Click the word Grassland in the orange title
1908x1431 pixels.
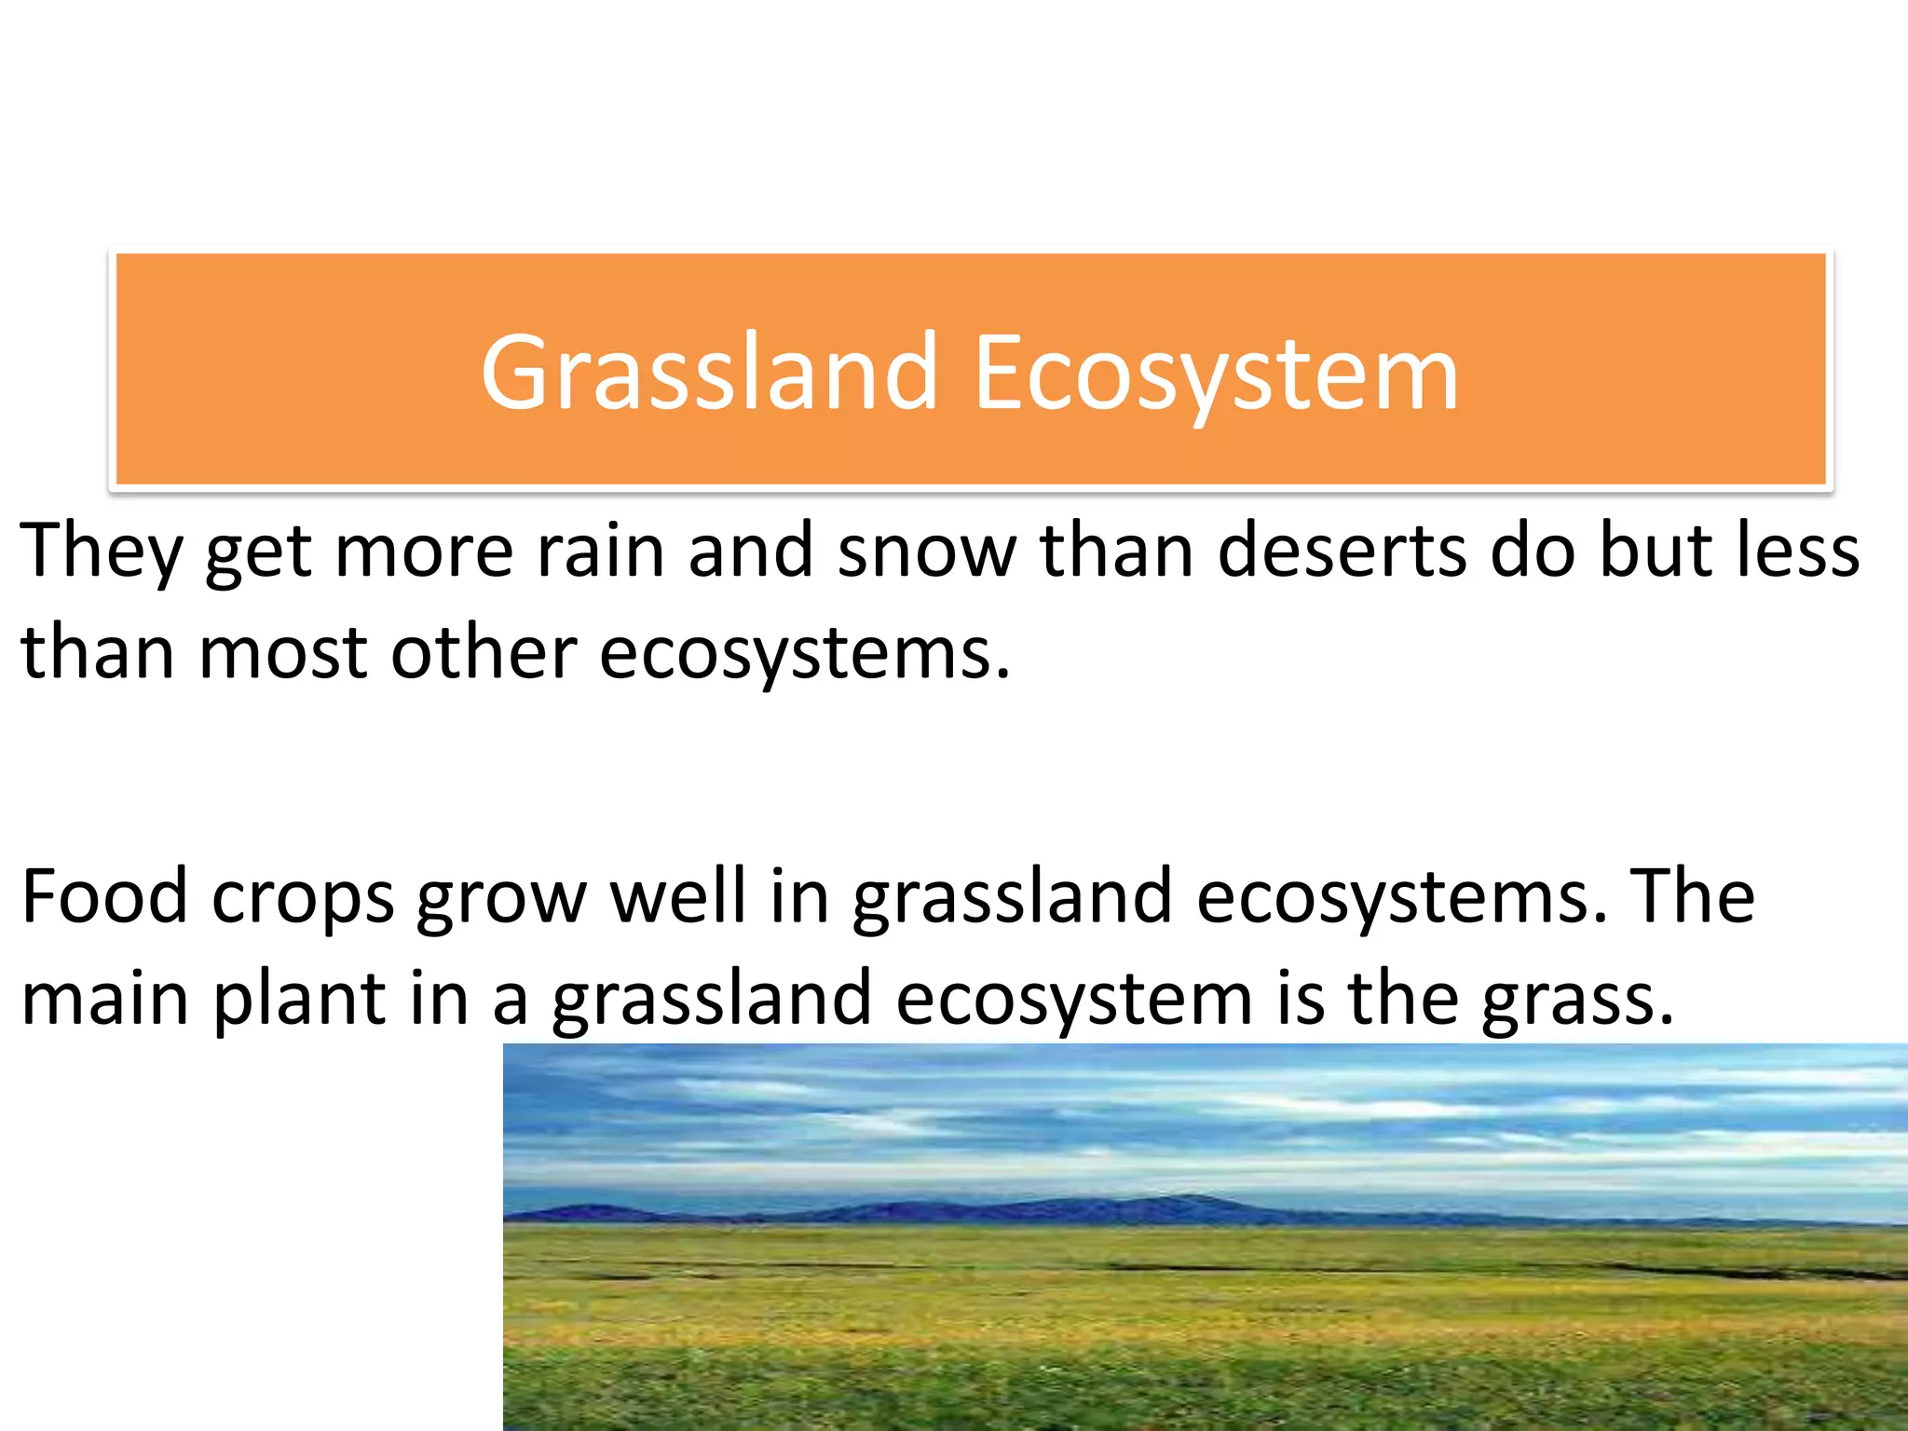[708, 373]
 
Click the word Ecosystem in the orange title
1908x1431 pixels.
[1216, 373]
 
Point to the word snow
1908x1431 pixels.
[927, 552]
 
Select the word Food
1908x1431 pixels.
[104, 896]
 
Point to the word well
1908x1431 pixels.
[677, 896]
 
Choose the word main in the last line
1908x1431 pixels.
[104, 999]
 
